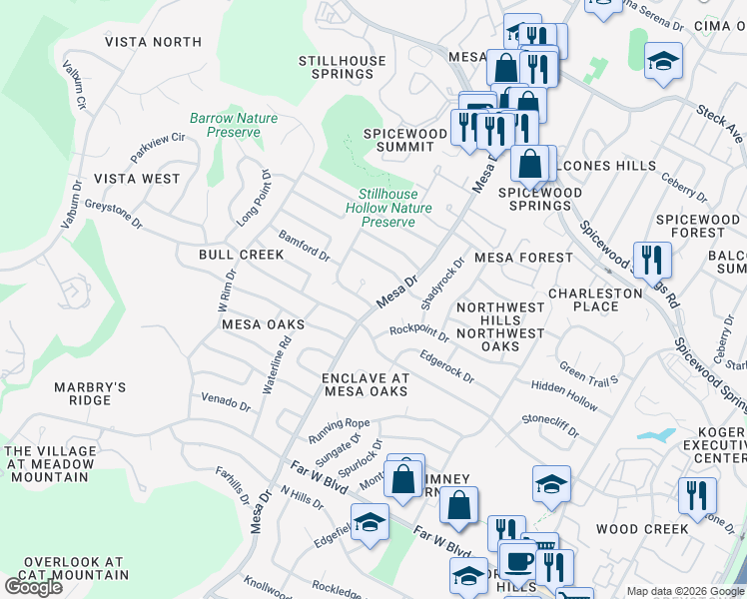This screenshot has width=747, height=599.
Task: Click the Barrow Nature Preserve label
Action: [234, 126]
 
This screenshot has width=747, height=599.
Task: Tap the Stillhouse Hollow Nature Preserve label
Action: [388, 208]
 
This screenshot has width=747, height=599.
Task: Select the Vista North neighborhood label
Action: [153, 42]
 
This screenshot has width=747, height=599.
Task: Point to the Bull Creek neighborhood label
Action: [241, 255]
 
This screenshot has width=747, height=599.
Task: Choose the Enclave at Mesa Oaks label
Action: [365, 384]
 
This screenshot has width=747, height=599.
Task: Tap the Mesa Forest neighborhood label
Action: [523, 258]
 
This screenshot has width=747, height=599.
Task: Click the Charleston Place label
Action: [595, 299]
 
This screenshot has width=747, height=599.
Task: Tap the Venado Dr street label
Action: [225, 403]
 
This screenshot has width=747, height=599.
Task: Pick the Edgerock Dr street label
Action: [446, 366]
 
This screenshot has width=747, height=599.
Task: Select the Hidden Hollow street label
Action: [564, 396]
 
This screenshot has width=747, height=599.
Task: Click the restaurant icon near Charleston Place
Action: [652, 261]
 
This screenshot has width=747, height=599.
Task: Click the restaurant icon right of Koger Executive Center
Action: [697, 496]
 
